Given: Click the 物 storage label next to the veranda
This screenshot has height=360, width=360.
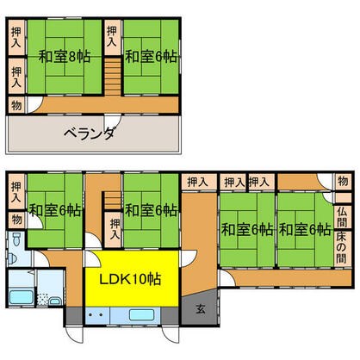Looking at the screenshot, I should pyautogui.click(x=16, y=105).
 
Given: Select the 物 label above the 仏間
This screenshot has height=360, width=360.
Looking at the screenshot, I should pyautogui.click(x=342, y=183).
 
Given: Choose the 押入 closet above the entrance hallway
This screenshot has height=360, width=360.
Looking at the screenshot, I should pyautogui.click(x=196, y=182).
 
